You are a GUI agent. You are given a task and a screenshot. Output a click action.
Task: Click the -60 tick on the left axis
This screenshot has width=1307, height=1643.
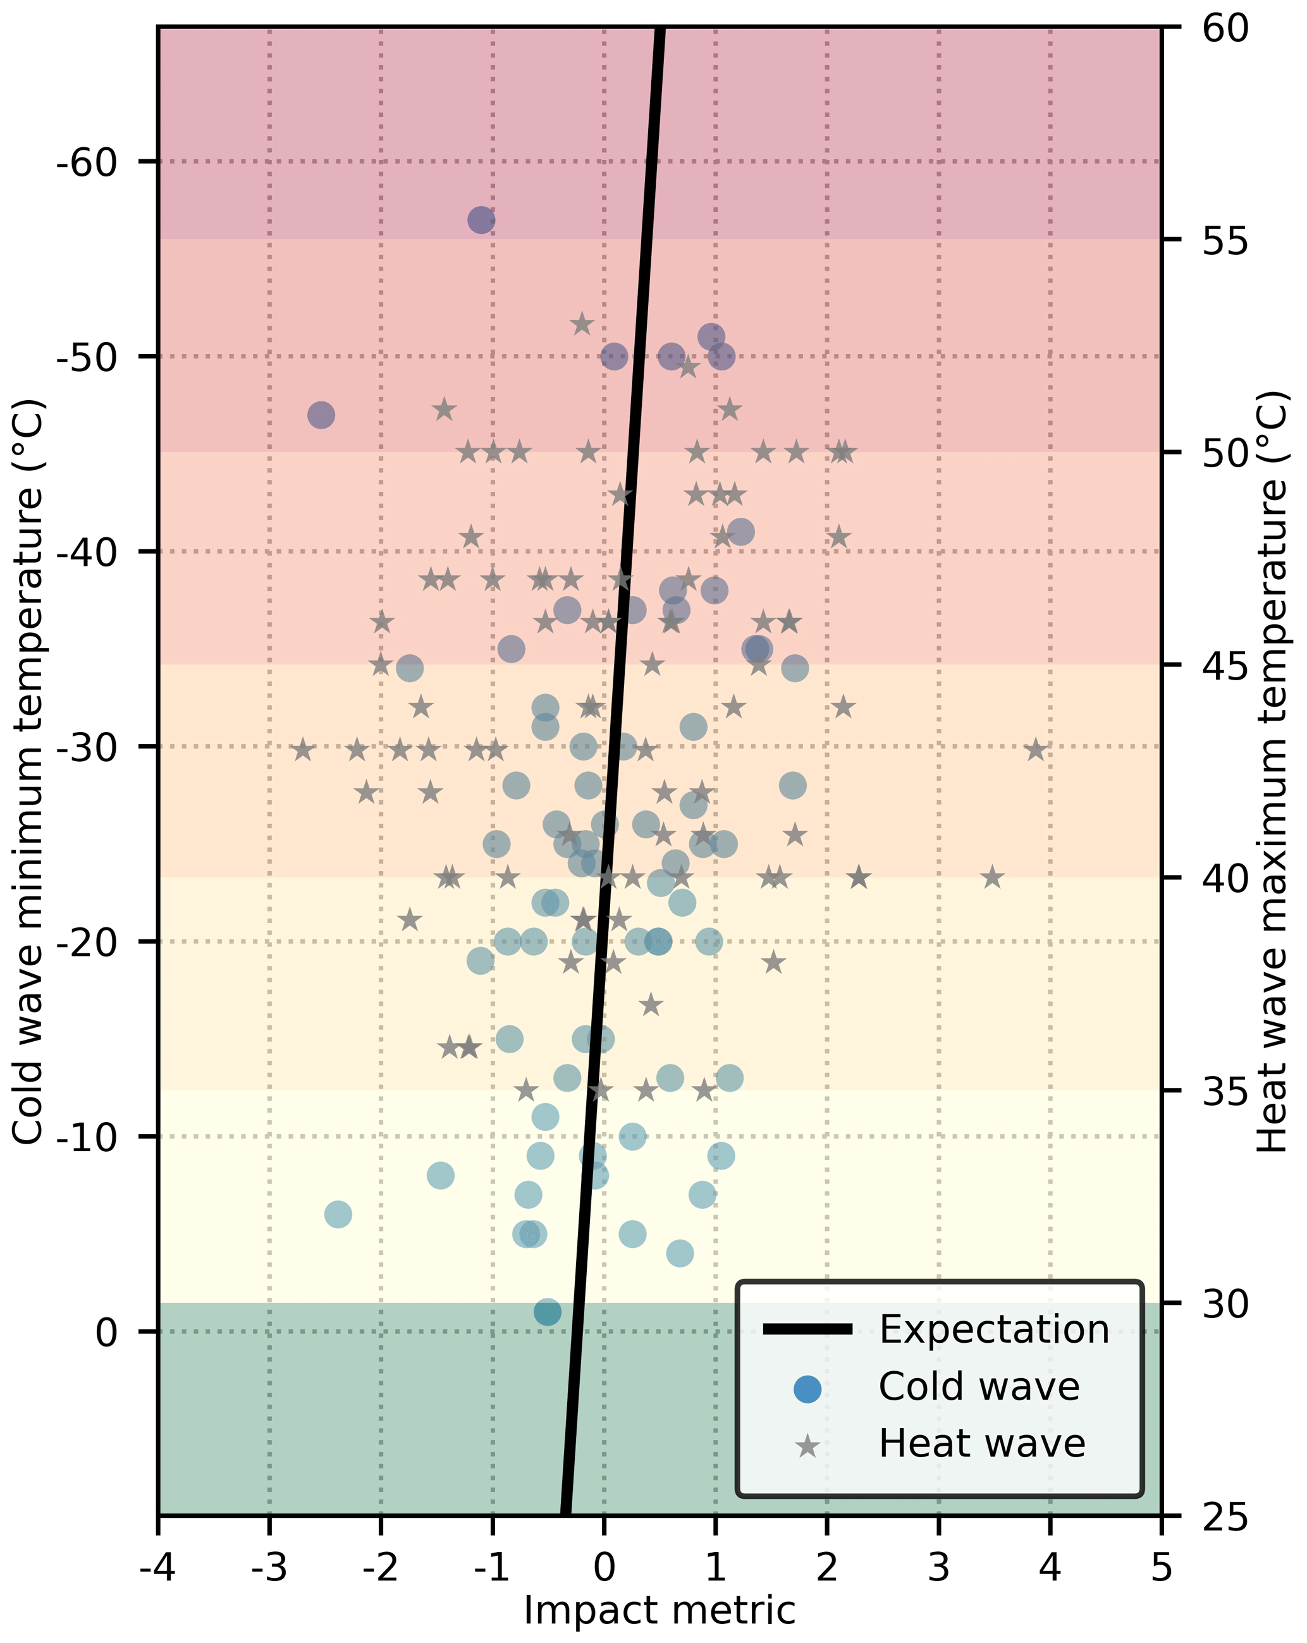pyautogui.click(x=86, y=162)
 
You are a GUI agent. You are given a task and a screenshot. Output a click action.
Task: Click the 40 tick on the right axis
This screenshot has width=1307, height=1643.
pyautogui.click(x=1225, y=879)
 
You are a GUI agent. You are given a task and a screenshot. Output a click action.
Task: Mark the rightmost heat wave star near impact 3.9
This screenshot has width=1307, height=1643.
pyautogui.click(x=1035, y=750)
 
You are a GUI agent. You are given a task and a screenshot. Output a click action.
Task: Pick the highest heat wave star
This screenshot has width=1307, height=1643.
pyautogui.click(x=582, y=324)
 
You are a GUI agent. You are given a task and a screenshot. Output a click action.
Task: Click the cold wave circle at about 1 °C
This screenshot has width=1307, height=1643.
pyautogui.click(x=547, y=1312)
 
